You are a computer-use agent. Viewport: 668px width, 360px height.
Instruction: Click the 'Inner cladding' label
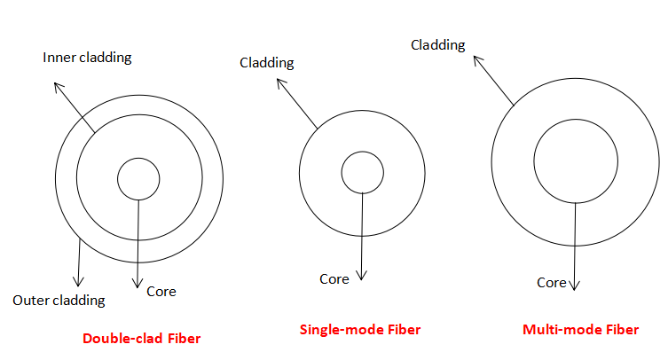[87, 58]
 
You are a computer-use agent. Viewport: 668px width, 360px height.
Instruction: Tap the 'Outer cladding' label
[59, 300]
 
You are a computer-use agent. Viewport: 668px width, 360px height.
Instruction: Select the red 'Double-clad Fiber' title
[142, 338]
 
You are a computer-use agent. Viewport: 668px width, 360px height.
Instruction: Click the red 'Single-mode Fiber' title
[359, 330]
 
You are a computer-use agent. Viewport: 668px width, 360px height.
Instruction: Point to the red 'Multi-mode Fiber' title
[580, 330]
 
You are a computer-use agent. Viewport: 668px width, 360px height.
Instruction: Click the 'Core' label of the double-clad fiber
[161, 291]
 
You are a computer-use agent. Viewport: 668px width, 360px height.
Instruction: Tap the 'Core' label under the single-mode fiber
[334, 278]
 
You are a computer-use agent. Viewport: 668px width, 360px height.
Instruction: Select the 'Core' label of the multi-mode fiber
[551, 283]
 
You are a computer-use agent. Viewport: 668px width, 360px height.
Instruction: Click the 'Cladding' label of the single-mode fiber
[267, 63]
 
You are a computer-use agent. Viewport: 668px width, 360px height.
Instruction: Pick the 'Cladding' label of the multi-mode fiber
[438, 45]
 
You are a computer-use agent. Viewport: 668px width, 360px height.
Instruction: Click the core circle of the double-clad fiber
[139, 179]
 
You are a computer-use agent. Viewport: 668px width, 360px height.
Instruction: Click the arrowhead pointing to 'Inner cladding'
[58, 85]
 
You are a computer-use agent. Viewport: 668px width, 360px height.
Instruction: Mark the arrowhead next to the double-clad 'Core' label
[138, 286]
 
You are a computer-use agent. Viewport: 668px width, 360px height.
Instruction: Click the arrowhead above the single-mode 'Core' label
[362, 273]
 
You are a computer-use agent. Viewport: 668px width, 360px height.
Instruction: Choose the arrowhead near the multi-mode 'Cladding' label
[476, 59]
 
